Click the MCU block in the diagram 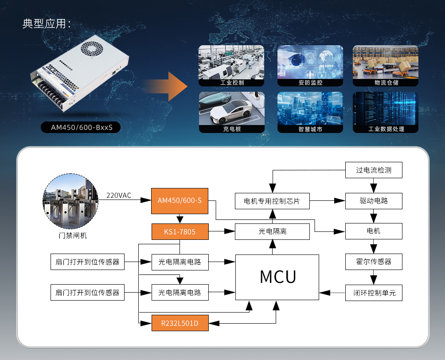(x=277, y=277)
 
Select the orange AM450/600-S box (x=180, y=200)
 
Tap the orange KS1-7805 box (x=180, y=231)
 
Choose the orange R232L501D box (x=180, y=323)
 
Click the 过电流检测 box (x=374, y=170)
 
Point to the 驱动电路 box (x=374, y=200)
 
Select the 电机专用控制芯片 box (x=272, y=201)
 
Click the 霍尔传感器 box (x=374, y=262)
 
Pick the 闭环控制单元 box (x=374, y=293)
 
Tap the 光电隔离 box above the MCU (x=272, y=231)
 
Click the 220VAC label (x=119, y=195)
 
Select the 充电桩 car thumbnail (x=231, y=112)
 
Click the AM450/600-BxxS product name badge (x=81, y=128)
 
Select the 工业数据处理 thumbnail (x=385, y=112)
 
